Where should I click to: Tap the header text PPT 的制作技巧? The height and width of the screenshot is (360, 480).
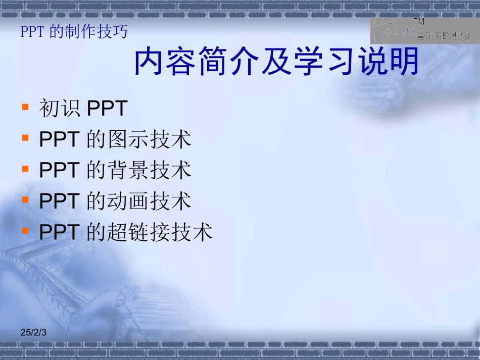(74, 32)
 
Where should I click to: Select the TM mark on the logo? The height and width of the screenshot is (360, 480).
(419, 22)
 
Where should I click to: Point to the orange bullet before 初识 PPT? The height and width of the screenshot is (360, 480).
(25, 107)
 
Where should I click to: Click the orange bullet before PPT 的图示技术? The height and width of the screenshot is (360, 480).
(25, 138)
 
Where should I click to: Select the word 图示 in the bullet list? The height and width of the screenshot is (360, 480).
(129, 140)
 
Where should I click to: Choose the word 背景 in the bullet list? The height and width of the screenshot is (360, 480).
(129, 171)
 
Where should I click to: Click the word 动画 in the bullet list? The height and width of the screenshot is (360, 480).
(129, 201)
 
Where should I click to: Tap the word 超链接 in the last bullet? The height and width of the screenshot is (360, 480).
(139, 232)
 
